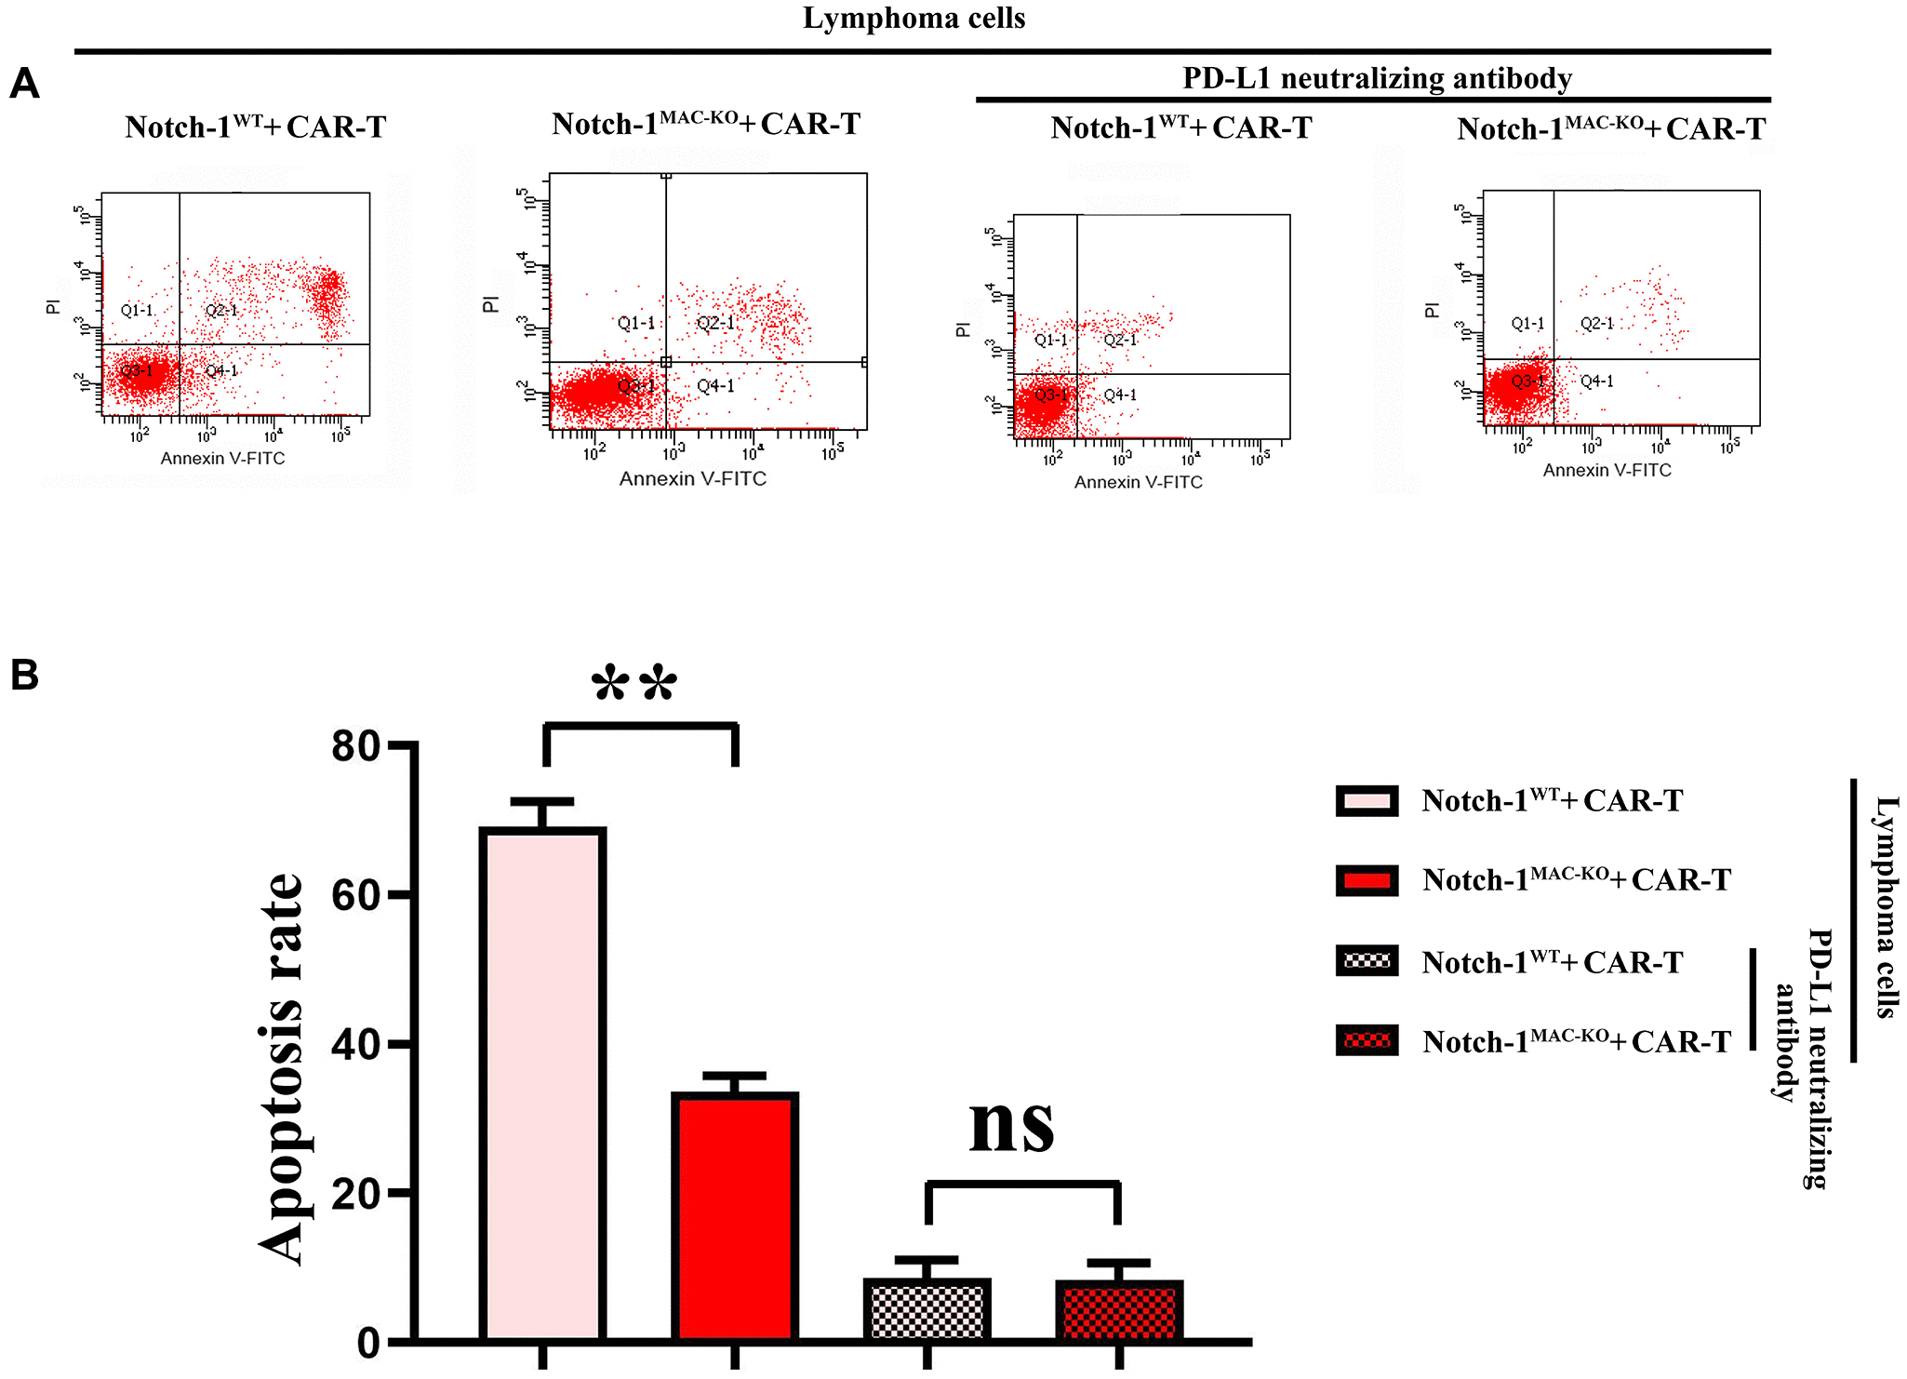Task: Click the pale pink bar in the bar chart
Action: pyautogui.click(x=543, y=1084)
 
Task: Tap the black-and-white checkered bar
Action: pyautogui.click(x=927, y=1310)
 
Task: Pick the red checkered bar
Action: pyautogui.click(x=1119, y=1311)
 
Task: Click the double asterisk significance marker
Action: pyautogui.click(x=634, y=685)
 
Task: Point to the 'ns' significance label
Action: pyautogui.click(x=1012, y=1124)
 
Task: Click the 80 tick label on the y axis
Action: pyautogui.click(x=356, y=746)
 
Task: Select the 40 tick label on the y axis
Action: pyautogui.click(x=356, y=1045)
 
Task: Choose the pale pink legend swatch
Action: pyautogui.click(x=1367, y=801)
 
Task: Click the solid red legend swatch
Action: pyautogui.click(x=1367, y=880)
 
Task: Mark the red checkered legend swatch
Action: pyautogui.click(x=1367, y=1040)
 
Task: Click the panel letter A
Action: pyautogui.click(x=24, y=84)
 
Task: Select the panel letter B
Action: pyautogui.click(x=24, y=675)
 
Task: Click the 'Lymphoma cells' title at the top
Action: pyautogui.click(x=913, y=19)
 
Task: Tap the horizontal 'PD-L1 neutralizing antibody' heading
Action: pyautogui.click(x=1377, y=78)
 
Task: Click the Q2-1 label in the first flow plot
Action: pyautogui.click(x=221, y=311)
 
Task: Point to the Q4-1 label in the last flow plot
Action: pyautogui.click(x=1596, y=382)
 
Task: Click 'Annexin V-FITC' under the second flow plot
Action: pyautogui.click(x=693, y=479)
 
